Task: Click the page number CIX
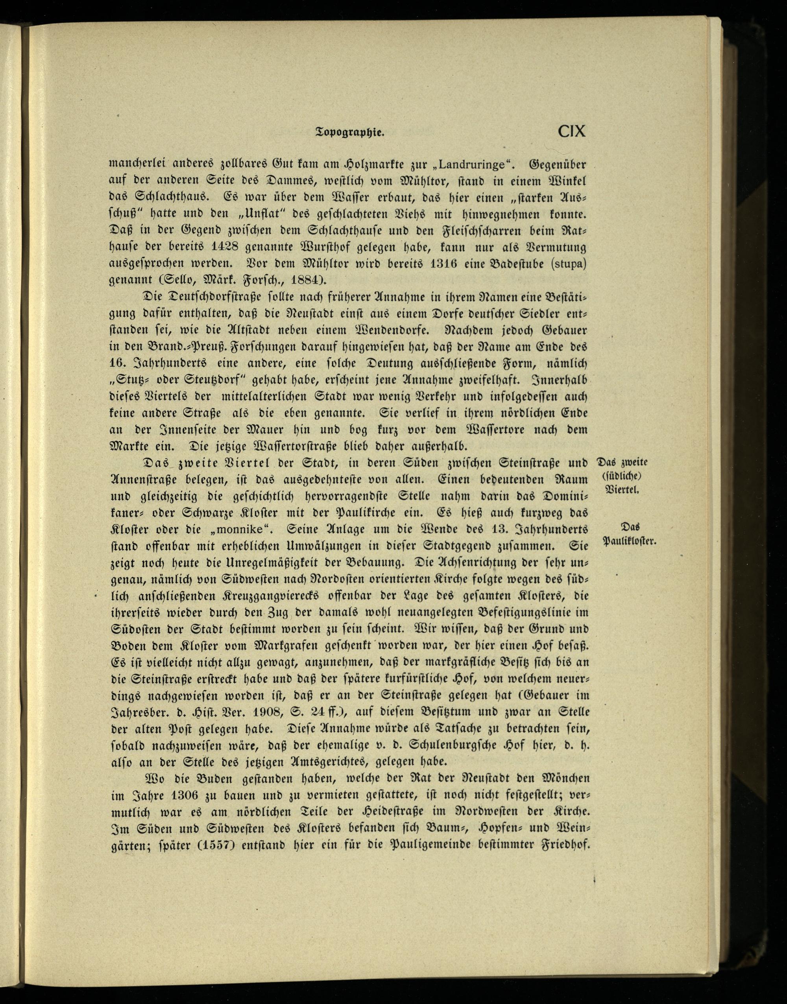click(x=571, y=131)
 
